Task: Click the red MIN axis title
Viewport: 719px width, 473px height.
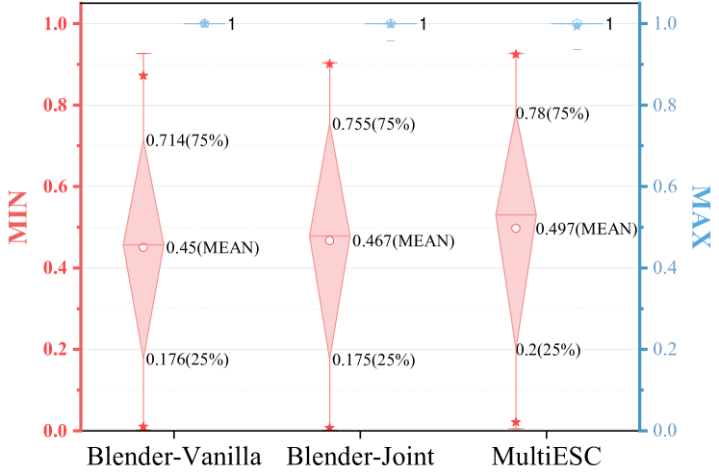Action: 19,217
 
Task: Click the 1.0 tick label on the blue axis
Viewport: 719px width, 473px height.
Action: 665,23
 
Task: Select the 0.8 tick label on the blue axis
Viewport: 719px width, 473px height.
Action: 665,105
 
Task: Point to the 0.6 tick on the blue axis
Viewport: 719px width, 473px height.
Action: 665,187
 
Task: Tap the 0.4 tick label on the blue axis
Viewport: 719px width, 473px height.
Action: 665,268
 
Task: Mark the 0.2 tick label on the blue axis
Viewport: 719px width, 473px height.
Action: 665,349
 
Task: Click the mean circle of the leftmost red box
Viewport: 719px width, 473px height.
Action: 143,247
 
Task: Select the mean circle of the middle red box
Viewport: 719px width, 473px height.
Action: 329,240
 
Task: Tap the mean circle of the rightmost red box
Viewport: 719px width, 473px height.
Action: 516,228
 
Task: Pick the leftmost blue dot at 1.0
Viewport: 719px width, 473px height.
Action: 204,23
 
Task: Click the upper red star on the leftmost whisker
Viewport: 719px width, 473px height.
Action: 143,76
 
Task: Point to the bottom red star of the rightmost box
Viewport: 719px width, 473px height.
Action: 516,422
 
